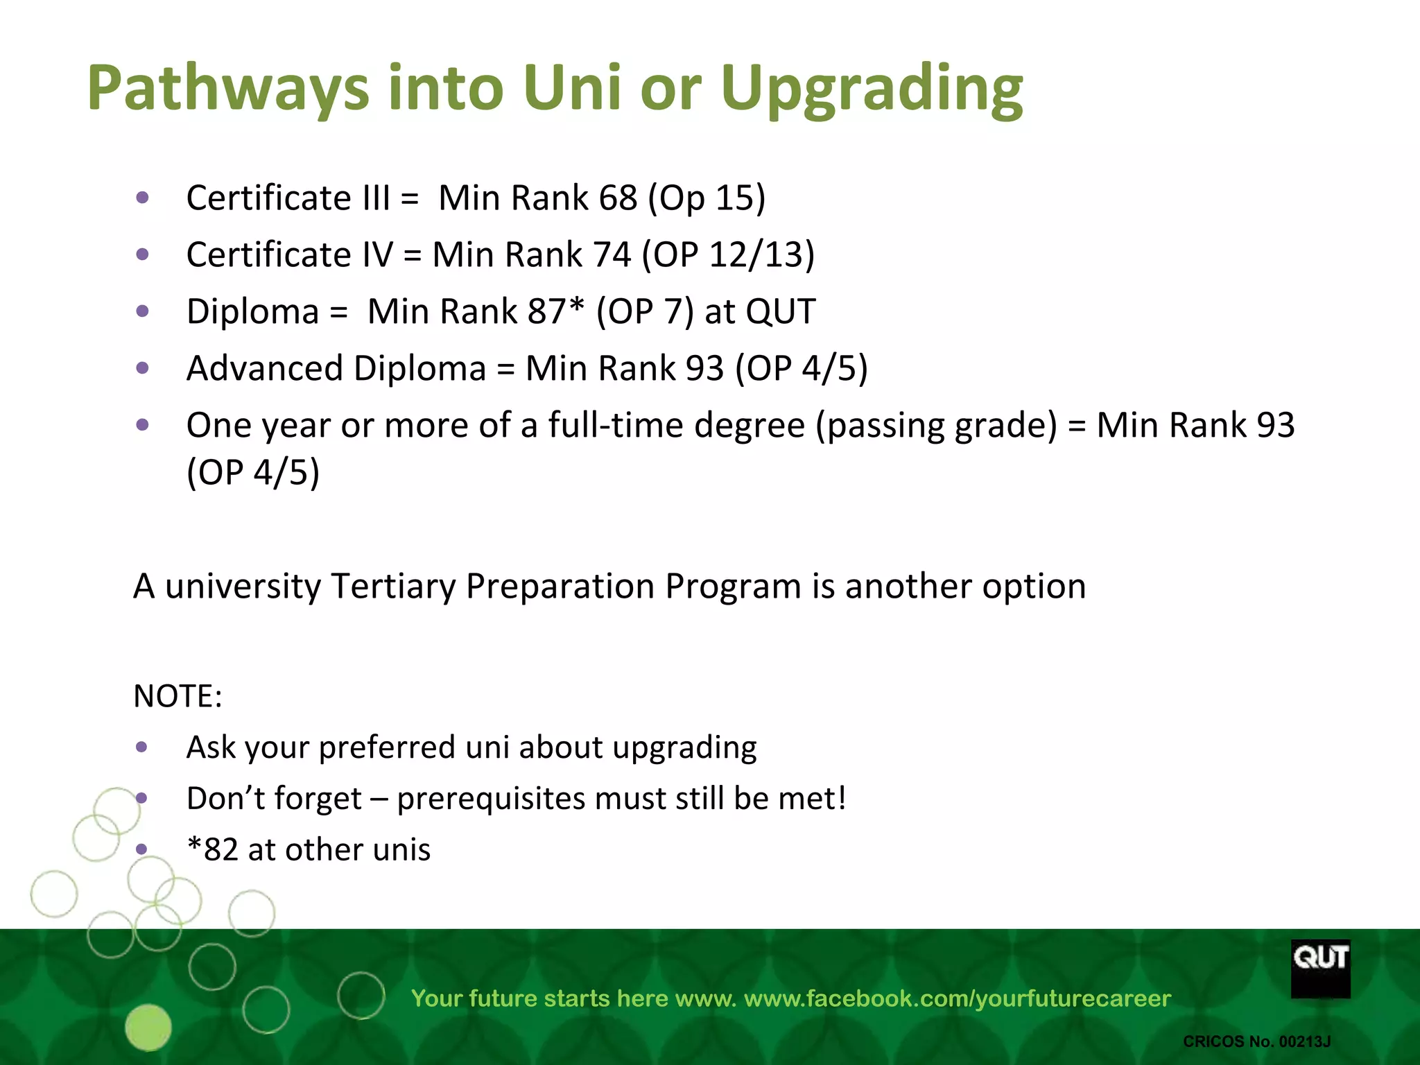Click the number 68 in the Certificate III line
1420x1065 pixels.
617,198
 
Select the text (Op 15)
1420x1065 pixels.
706,199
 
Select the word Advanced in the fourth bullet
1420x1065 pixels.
265,368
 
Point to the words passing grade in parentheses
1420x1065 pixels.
937,425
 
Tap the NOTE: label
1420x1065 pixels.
177,696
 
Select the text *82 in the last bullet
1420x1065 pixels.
212,850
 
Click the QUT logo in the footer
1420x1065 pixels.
1320,968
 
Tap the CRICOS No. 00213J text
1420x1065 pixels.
1256,1041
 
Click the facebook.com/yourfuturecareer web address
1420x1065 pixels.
957,998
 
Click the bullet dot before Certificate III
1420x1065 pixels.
143,198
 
